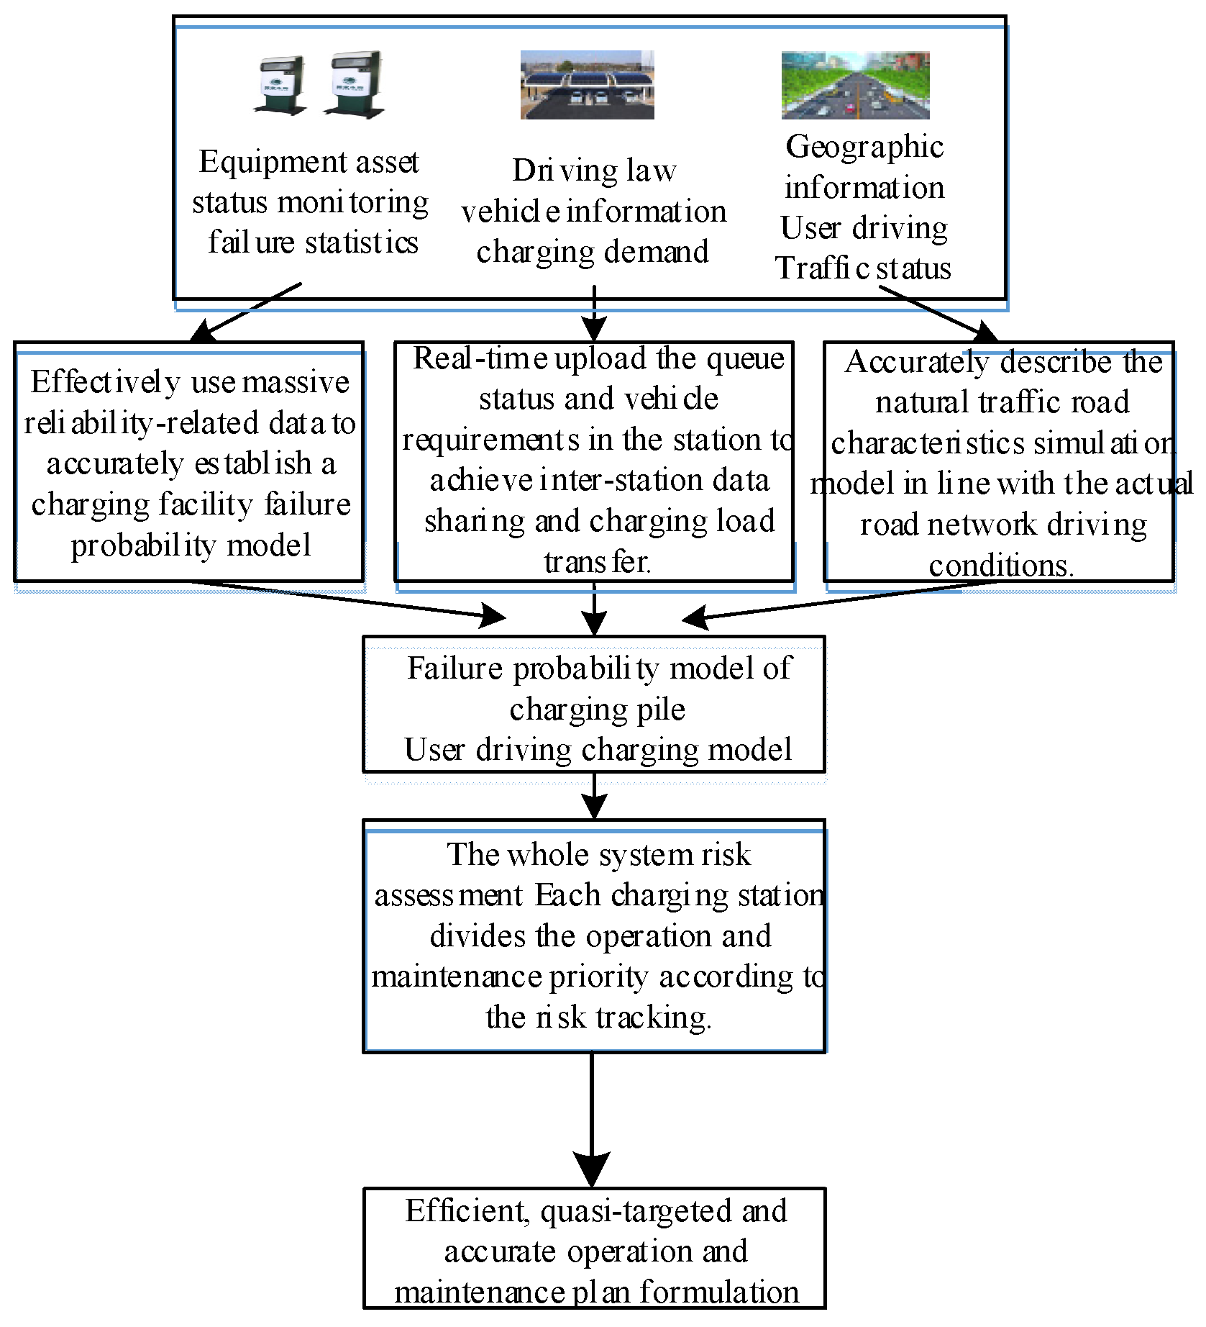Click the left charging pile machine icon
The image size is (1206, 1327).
(x=281, y=85)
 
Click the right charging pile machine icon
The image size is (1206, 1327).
(x=355, y=84)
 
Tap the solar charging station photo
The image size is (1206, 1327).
(x=587, y=85)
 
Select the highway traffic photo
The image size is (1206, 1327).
(x=855, y=85)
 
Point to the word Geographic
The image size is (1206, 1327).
(x=864, y=147)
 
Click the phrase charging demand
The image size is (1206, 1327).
(x=592, y=252)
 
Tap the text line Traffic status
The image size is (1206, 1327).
(x=862, y=268)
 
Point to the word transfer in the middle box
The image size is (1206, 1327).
(x=596, y=562)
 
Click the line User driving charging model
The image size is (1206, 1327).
(x=597, y=750)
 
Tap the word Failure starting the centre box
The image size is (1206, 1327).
(x=454, y=669)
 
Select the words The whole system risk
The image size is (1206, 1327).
(x=598, y=855)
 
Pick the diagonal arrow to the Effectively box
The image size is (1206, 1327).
(x=245, y=312)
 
